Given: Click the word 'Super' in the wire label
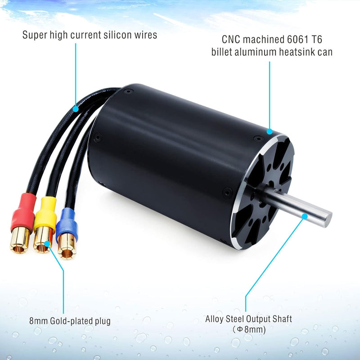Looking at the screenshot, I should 34,35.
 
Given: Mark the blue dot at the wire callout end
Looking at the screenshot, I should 76,108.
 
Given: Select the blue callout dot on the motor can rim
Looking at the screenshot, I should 270,132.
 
